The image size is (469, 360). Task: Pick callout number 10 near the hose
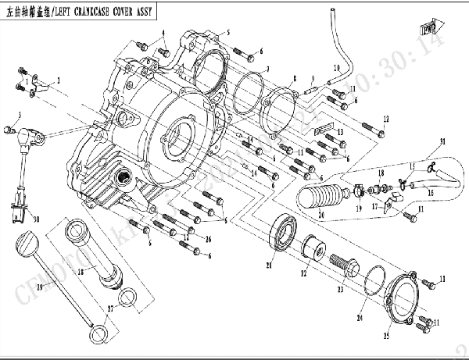337,68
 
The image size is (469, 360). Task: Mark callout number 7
267,70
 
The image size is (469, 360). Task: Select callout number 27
109,310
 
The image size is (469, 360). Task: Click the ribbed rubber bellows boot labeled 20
320,195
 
